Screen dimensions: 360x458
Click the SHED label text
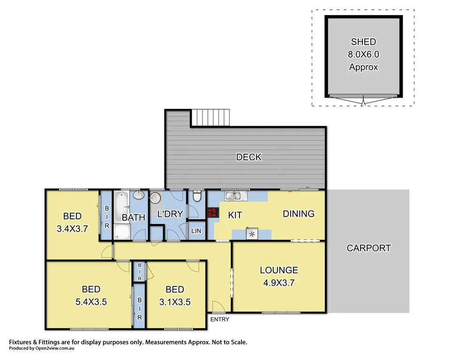click(363, 42)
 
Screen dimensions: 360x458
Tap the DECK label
click(248, 157)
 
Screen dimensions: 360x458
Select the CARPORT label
click(368, 248)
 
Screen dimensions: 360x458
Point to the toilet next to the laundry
click(197, 197)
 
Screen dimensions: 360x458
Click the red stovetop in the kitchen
click(213, 213)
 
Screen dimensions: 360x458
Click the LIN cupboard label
click(196, 231)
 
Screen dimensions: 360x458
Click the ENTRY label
click(219, 320)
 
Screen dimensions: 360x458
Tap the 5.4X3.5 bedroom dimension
click(91, 302)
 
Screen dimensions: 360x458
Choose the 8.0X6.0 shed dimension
click(363, 54)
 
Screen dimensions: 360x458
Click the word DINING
click(299, 214)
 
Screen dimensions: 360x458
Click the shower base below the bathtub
click(122, 232)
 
